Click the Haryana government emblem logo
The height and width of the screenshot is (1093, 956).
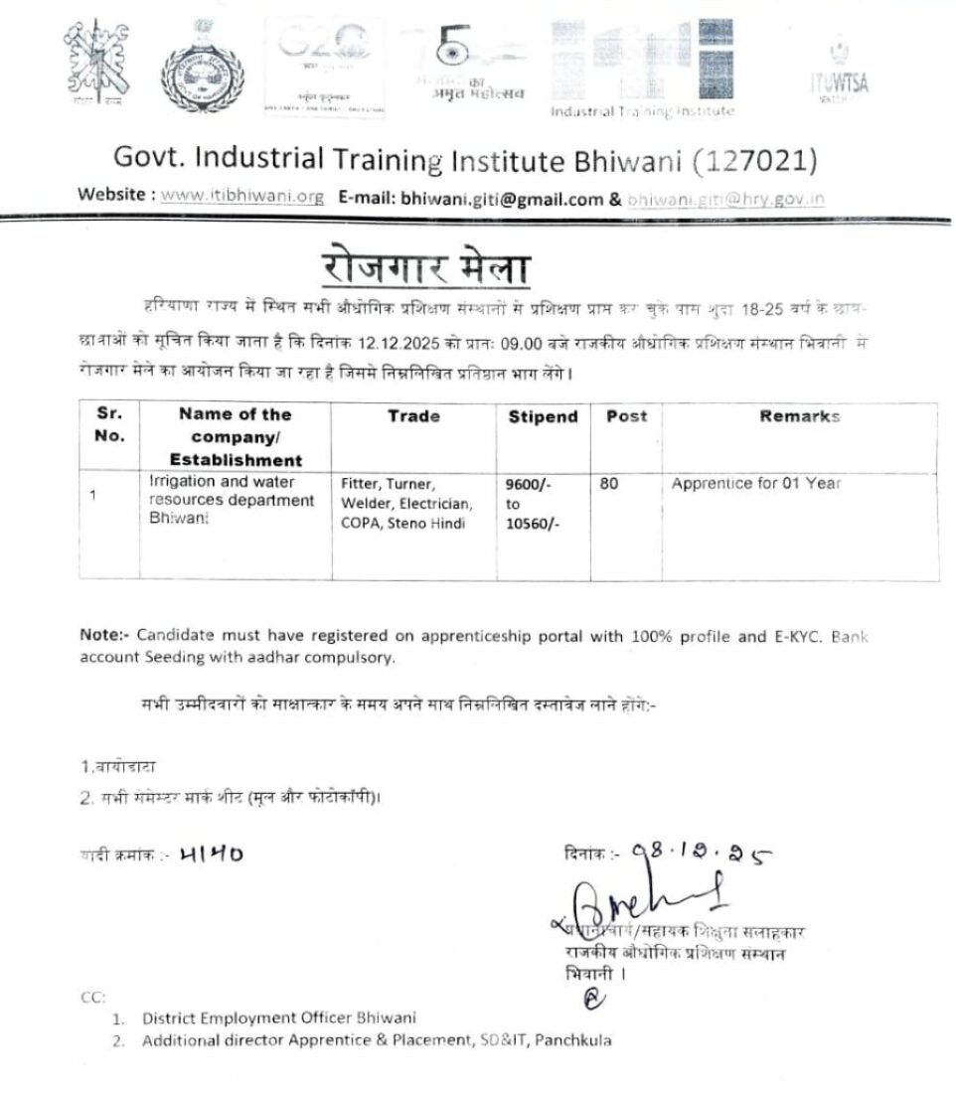(x=209, y=73)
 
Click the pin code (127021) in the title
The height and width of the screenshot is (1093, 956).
(x=756, y=159)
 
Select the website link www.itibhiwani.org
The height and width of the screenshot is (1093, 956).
(x=242, y=197)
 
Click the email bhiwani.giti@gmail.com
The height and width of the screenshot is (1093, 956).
(x=502, y=198)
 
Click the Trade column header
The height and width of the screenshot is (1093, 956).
(x=413, y=416)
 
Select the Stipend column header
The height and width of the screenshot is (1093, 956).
(x=543, y=417)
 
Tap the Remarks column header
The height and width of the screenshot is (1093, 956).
(x=799, y=416)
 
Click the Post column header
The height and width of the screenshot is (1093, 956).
(x=626, y=416)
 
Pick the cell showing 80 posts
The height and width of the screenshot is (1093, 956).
(x=609, y=485)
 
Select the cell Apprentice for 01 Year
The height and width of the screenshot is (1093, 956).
(x=756, y=484)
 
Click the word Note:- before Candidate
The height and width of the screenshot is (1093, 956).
(x=106, y=634)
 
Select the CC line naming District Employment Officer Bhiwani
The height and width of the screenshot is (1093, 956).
(x=278, y=1017)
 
